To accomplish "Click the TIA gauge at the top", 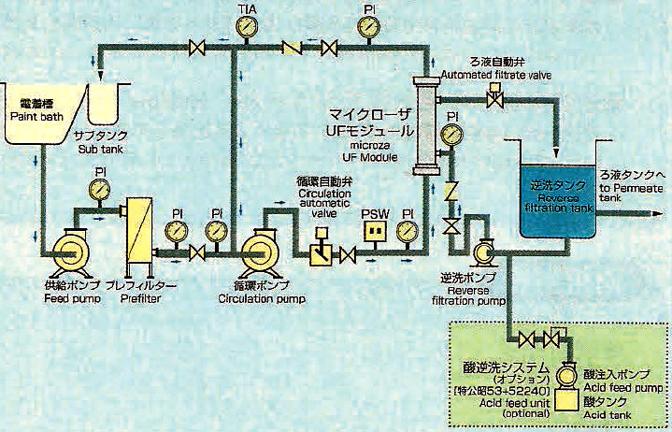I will click(x=245, y=25).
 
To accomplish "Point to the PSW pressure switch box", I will click(x=376, y=230).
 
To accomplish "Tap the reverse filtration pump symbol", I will click(x=483, y=252).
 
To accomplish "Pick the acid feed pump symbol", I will click(x=567, y=376).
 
